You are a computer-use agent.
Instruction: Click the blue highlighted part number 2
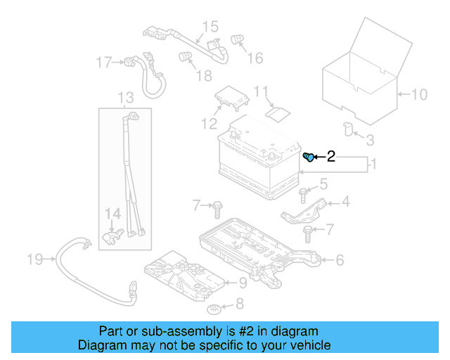click(308, 157)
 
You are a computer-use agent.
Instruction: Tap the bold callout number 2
click(330, 158)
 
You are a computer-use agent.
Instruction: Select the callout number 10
click(418, 94)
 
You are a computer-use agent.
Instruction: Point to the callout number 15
click(211, 27)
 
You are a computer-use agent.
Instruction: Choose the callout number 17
click(104, 63)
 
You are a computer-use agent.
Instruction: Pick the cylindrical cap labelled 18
click(185, 56)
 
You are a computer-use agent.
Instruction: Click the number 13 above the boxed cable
click(125, 97)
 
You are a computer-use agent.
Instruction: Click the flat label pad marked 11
click(279, 112)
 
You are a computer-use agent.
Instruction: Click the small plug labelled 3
click(347, 127)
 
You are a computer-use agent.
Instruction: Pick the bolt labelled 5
click(303, 192)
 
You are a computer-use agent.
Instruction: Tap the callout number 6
click(339, 261)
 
